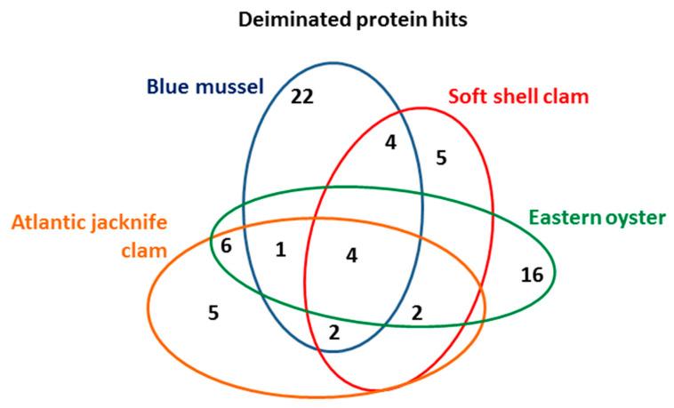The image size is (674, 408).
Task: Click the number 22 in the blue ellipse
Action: click(x=303, y=97)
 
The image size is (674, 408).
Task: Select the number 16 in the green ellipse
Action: click(x=532, y=276)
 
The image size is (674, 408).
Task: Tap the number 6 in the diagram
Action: click(x=227, y=246)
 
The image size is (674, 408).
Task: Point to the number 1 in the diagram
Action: click(x=281, y=251)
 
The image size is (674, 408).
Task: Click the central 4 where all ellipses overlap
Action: click(x=351, y=256)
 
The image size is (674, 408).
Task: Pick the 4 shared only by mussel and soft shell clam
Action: click(x=389, y=142)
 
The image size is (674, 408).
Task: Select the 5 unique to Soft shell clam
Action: click(x=441, y=158)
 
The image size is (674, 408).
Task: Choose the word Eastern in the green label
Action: click(x=561, y=217)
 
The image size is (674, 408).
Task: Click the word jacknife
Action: click(x=126, y=222)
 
